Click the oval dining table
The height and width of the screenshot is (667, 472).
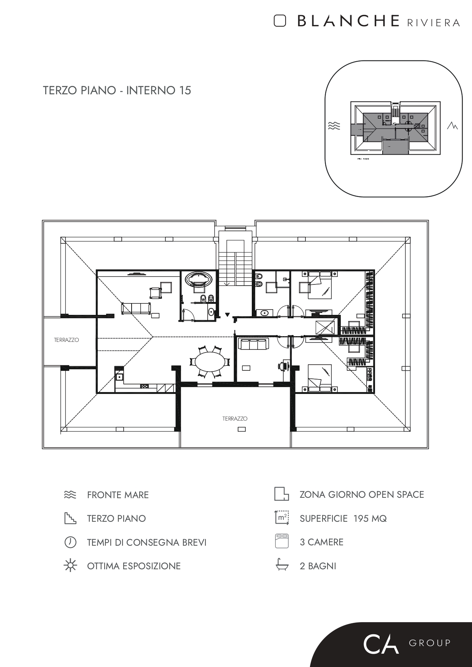pos(210,362)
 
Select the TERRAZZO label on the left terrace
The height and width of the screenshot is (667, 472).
pos(67,340)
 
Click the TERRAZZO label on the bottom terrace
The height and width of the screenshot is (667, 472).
pos(235,418)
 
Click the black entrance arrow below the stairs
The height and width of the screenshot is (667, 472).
pos(227,314)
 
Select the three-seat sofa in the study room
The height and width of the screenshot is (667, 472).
pos(253,344)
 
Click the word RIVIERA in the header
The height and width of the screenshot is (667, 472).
pos(433,23)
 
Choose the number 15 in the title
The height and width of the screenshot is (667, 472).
pos(184,91)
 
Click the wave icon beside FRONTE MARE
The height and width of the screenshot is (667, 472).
pos(70,495)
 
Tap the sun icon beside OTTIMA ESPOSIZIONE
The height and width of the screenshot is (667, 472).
pos(70,565)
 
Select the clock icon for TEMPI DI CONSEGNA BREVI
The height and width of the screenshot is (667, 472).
pos(70,542)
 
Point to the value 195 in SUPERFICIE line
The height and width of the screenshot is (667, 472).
pos(361,519)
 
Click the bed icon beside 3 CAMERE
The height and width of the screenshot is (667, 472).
pos(282,542)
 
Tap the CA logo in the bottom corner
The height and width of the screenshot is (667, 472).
pos(381,643)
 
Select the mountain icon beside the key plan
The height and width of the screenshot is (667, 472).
pos(452,125)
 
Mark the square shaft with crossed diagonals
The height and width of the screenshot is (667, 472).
pos(325,327)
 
